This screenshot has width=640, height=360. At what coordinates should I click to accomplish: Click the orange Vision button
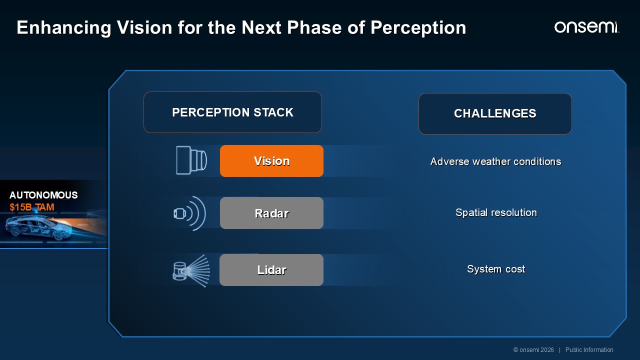click(x=271, y=161)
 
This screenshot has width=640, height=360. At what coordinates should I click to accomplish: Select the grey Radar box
click(x=271, y=213)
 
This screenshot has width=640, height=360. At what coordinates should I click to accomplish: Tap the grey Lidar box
click(x=271, y=270)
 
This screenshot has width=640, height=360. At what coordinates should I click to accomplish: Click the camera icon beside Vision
click(x=191, y=160)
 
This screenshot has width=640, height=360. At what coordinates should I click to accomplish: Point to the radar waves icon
click(x=189, y=213)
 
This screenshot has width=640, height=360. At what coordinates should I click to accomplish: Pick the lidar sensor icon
click(x=191, y=270)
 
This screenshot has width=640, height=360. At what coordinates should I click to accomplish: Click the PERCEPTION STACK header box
click(x=232, y=112)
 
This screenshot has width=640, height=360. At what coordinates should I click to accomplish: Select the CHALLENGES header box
click(x=495, y=113)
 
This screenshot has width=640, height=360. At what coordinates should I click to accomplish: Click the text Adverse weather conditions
click(x=495, y=161)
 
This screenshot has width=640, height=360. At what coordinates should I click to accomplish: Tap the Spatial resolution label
click(x=496, y=212)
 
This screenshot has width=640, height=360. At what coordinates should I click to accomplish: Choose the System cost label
click(x=496, y=269)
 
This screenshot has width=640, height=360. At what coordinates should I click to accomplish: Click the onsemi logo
click(x=587, y=27)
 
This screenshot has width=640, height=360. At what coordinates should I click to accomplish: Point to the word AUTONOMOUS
click(x=43, y=195)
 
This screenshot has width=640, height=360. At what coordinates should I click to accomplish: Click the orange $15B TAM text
click(x=31, y=207)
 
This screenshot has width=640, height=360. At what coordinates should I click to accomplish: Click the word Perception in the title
click(x=418, y=28)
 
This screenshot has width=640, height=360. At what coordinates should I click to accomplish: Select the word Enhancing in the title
click(x=64, y=28)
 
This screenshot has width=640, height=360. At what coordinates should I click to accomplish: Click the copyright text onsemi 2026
click(x=533, y=350)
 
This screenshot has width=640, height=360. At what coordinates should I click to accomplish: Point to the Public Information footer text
click(x=589, y=350)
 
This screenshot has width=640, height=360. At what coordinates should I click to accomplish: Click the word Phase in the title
click(x=314, y=27)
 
